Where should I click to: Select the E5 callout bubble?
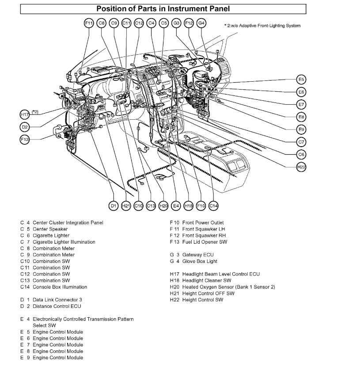coord(301,80)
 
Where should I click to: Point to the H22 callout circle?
coord(301,167)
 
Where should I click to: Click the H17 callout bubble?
coord(25,114)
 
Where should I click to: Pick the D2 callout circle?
coord(25,127)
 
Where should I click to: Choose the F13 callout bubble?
coord(25,139)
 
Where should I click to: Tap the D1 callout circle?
coord(113,205)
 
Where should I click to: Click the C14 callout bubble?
coord(214,205)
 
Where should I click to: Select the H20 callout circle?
coord(163,205)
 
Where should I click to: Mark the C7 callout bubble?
coord(301,142)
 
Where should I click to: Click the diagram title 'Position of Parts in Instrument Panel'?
coord(163,8)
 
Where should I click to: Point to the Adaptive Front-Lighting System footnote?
coord(262,26)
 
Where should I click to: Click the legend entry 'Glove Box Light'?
coord(194,261)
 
